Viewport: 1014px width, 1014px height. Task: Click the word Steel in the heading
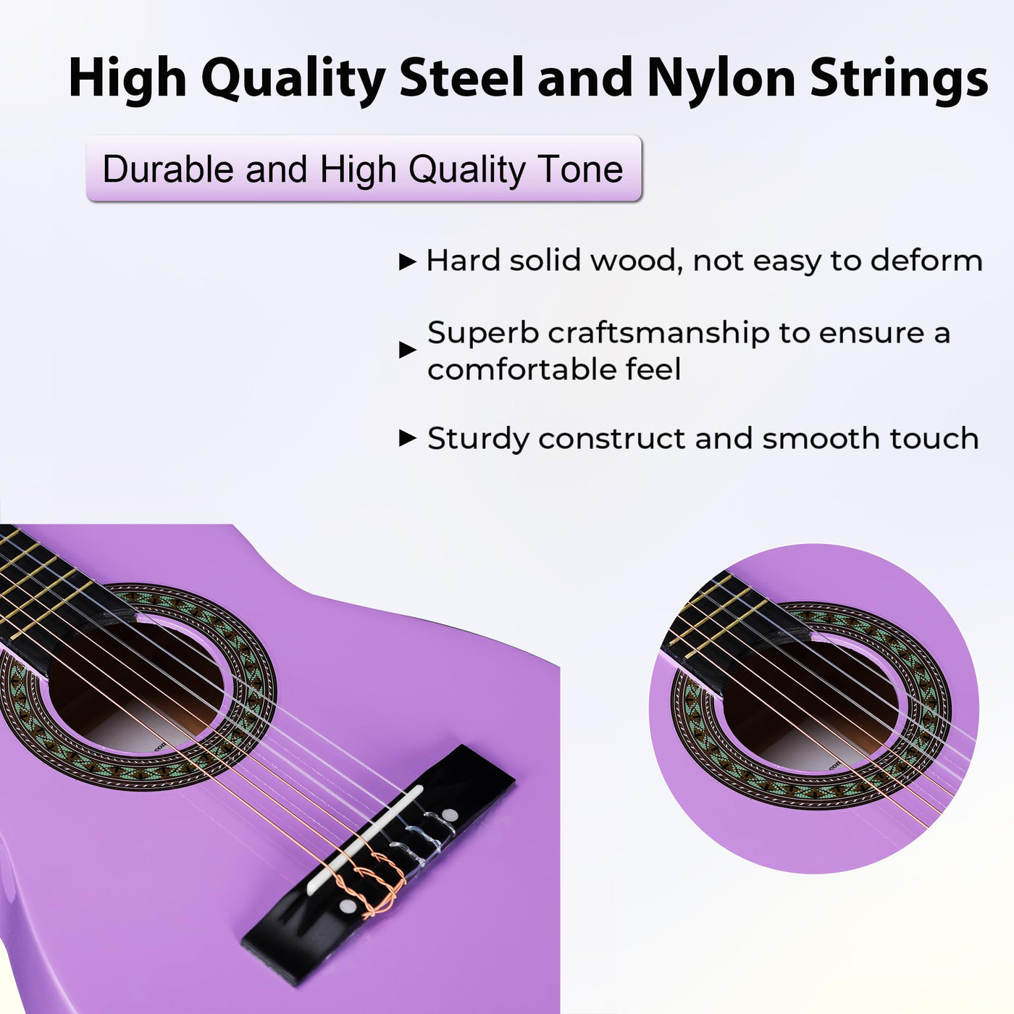click(461, 78)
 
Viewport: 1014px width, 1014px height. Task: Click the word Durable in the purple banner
click(168, 169)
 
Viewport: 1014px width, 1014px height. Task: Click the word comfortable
click(521, 369)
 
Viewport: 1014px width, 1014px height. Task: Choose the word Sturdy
click(478, 439)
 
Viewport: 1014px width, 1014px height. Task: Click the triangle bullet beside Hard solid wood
click(408, 261)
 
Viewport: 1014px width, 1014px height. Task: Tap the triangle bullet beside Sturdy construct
click(408, 437)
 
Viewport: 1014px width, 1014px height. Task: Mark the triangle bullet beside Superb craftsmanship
click(408, 349)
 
